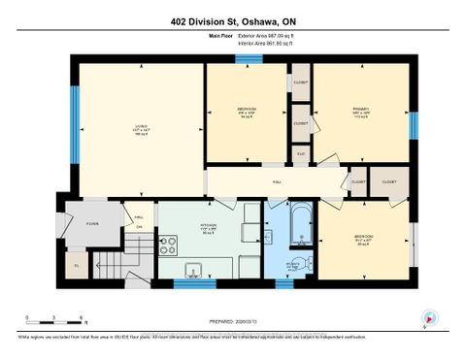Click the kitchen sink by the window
[192, 271]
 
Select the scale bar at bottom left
[55, 320]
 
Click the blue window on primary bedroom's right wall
[414, 124]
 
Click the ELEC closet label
[301, 153]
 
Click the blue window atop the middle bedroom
[249, 58]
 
